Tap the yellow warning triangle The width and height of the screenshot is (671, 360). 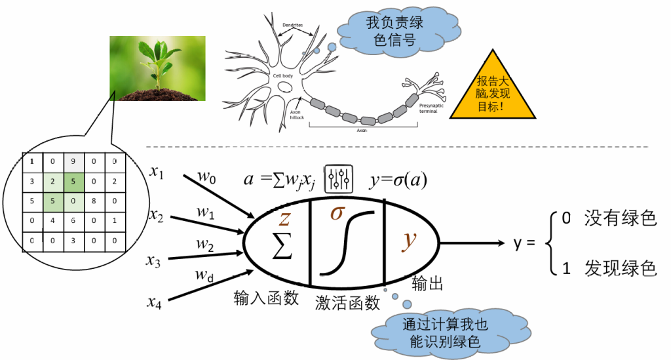(x=492, y=93)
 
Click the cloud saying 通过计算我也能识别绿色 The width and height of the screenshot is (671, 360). (x=436, y=332)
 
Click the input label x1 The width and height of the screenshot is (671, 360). (x=157, y=172)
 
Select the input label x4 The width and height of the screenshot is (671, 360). (x=155, y=302)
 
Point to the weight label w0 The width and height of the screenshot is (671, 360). (x=207, y=176)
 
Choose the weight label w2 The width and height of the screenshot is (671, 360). (x=205, y=244)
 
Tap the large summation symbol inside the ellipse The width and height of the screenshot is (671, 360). (x=282, y=245)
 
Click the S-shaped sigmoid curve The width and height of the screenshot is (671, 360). (x=351, y=242)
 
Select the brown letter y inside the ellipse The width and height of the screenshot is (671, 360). (x=410, y=239)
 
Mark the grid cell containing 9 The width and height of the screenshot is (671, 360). (x=74, y=160)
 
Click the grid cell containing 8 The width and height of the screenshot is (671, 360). (x=94, y=201)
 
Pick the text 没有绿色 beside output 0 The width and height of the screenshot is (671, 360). (x=621, y=218)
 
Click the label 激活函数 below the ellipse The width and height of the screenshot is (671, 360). (x=347, y=302)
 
